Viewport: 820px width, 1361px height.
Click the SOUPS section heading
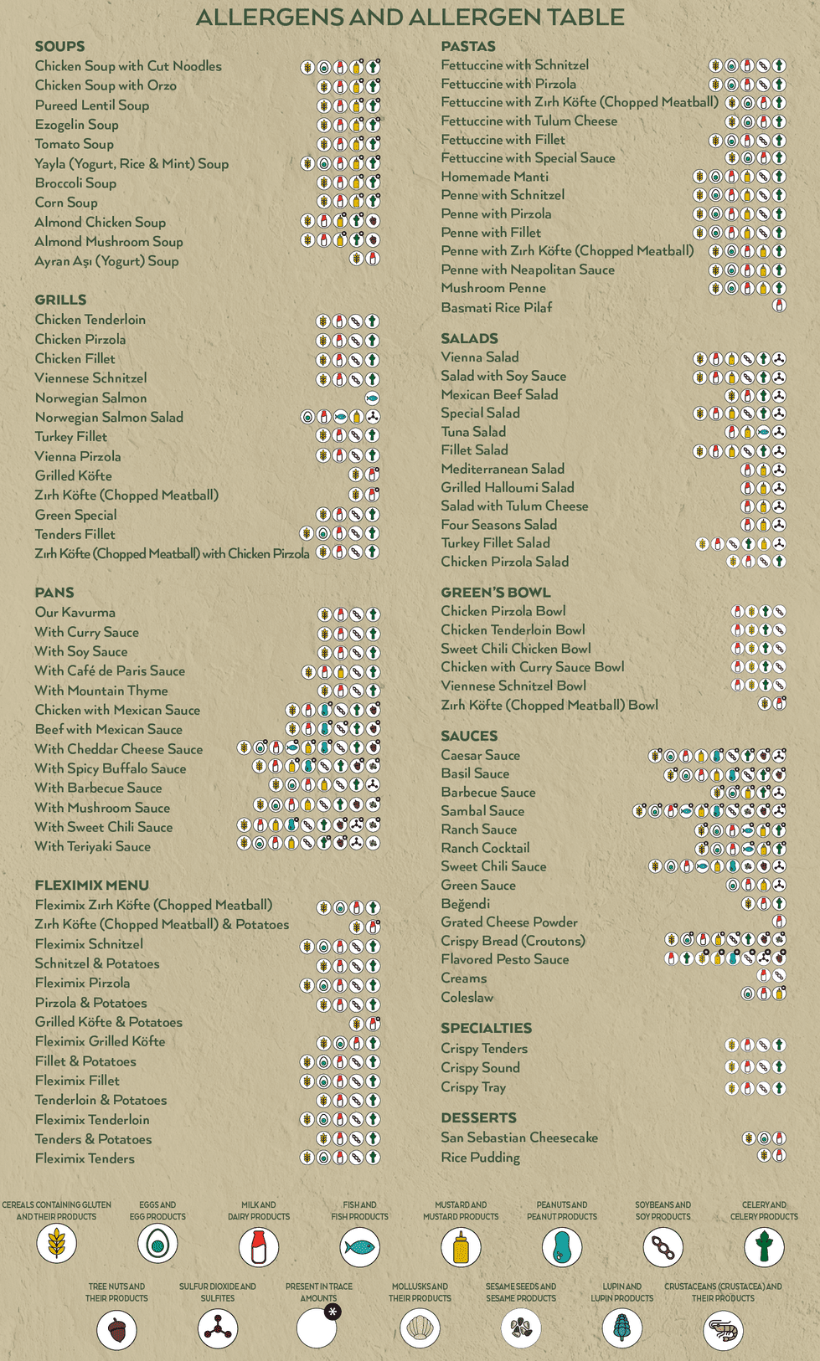pos(59,46)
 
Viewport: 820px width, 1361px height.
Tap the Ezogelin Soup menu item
pos(76,125)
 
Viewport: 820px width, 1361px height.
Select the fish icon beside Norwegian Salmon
pos(372,398)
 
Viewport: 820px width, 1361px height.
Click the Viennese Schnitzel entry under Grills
pos(90,378)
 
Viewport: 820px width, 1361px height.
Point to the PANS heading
pos(54,592)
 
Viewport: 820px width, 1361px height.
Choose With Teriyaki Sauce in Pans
pos(92,846)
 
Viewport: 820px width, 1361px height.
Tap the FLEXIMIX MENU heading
pos(91,885)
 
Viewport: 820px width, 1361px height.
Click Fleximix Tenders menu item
pos(85,1158)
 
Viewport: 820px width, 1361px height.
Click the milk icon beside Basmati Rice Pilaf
pos(779,306)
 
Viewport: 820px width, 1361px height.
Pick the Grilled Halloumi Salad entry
pos(508,487)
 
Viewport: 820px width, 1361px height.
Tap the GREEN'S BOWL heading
pos(495,592)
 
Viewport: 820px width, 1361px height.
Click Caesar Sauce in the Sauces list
pos(480,755)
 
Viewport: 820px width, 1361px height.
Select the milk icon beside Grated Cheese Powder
pos(779,922)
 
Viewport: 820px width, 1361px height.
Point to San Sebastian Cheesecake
pos(519,1138)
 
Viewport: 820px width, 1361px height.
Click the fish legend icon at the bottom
pos(359,1246)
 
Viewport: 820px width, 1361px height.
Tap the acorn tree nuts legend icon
pos(116,1329)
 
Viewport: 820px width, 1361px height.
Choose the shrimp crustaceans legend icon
pos(723,1329)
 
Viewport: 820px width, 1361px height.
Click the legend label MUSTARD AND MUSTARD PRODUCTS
pos(461,1210)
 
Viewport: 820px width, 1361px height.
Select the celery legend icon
pos(764,1246)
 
